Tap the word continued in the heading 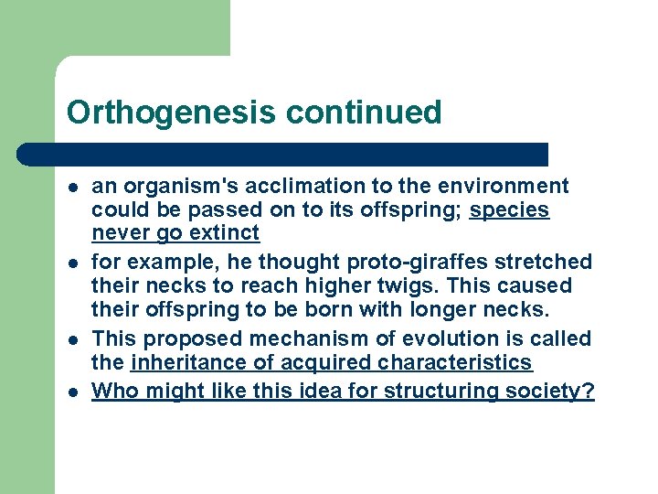tap(363, 113)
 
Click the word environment tap(504, 187)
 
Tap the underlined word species tap(509, 210)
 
